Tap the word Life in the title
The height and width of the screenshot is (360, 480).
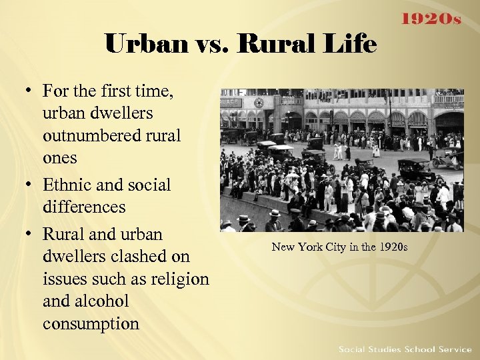[x=354, y=44]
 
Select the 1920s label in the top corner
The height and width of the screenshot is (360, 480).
[x=430, y=19]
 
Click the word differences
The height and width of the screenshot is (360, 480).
[x=84, y=207]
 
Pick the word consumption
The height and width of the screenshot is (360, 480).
[x=91, y=324]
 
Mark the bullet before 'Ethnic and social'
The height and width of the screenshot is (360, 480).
[x=31, y=185]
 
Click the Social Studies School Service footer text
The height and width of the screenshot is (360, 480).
[x=405, y=349]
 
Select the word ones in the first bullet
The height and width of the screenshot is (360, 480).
[x=59, y=159]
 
